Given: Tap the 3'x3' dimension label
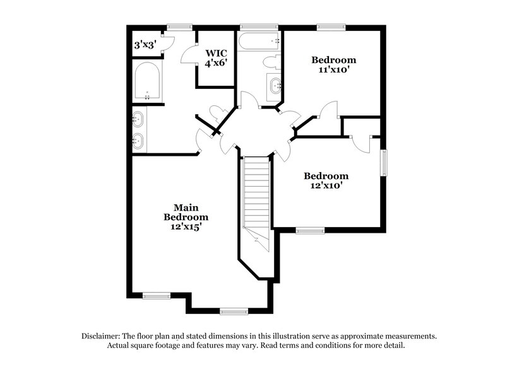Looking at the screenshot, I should (x=145, y=45).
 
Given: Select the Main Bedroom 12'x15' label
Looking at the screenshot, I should (x=183, y=216).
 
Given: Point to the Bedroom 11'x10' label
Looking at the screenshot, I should (x=334, y=65).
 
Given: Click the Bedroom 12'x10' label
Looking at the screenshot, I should (x=326, y=181).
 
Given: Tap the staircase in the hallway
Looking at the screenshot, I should (x=256, y=195).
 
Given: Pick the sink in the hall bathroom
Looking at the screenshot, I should (x=275, y=84).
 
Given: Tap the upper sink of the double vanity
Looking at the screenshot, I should (x=139, y=118).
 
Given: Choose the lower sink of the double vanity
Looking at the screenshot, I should (x=139, y=141).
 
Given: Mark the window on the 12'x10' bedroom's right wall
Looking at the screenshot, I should (x=383, y=163).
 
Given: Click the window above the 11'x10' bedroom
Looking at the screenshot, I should (x=331, y=27).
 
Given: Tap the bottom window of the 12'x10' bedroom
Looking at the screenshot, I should (x=309, y=231).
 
